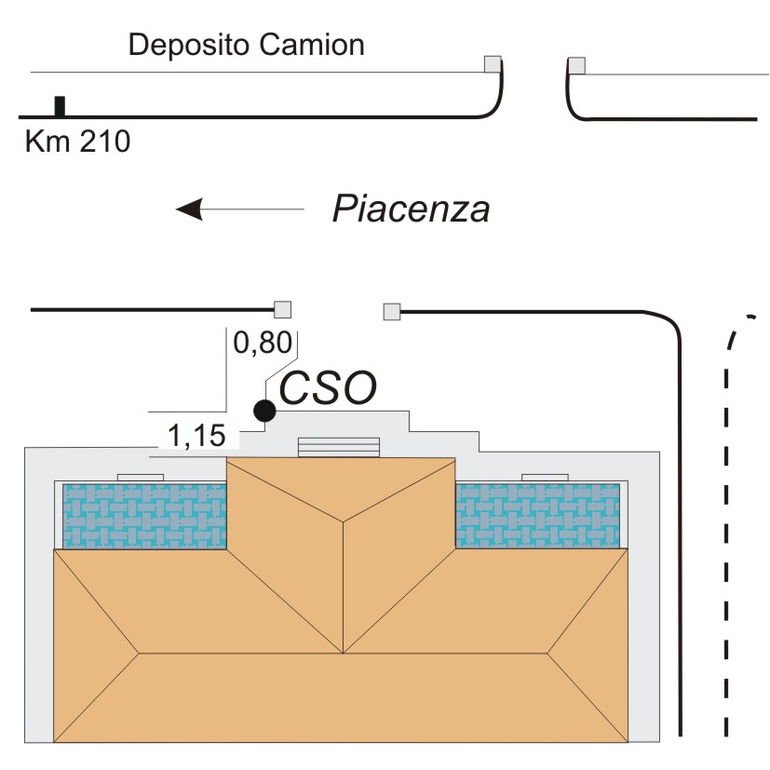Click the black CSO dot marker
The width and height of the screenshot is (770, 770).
coord(265,410)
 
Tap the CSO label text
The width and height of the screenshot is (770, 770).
coord(328,389)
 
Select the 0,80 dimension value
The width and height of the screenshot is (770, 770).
coord(256,344)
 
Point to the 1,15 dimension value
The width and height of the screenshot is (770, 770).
coord(196,435)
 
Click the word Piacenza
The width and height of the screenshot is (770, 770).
coord(411,209)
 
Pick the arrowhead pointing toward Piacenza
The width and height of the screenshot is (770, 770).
coord(190,209)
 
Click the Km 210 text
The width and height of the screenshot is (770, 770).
coord(77,142)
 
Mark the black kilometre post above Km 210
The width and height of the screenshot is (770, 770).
coord(60,106)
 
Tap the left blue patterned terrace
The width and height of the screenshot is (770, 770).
coord(144,516)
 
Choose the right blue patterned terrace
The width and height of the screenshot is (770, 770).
coord(538,516)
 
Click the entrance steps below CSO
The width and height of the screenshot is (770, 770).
coord(339,447)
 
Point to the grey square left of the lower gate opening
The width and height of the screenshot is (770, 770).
coord(282,310)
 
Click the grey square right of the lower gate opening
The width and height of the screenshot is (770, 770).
coord(392,311)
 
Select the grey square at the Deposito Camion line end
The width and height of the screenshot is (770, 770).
coord(493,63)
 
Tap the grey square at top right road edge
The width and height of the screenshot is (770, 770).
coord(577,65)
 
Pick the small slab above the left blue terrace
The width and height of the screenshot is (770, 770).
coord(141,478)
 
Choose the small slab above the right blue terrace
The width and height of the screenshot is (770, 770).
coord(545,478)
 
